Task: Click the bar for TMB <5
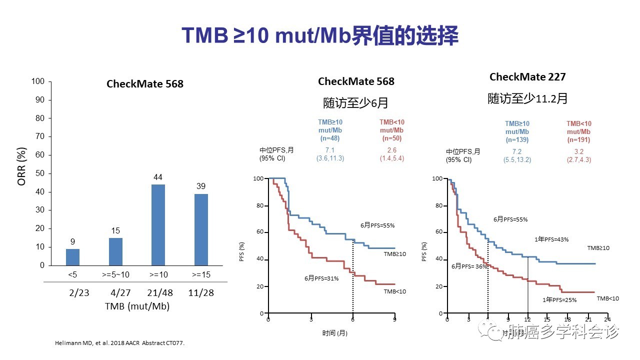click(72, 257)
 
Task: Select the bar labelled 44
click(158, 225)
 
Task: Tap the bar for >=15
click(200, 229)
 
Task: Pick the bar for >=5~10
click(115, 251)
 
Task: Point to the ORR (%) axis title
click(21, 166)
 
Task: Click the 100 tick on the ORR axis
click(38, 81)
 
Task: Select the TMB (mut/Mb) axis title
click(137, 306)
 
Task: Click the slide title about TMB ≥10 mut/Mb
click(320, 36)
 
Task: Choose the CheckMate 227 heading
click(527, 77)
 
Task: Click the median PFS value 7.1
click(330, 150)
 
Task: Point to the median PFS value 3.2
click(579, 151)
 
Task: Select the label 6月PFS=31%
click(322, 278)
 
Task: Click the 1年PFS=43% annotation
click(551, 239)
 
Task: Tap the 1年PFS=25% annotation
click(559, 300)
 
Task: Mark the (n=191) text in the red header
click(579, 139)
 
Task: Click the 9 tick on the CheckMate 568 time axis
click(395, 319)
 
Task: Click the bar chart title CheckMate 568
click(145, 84)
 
